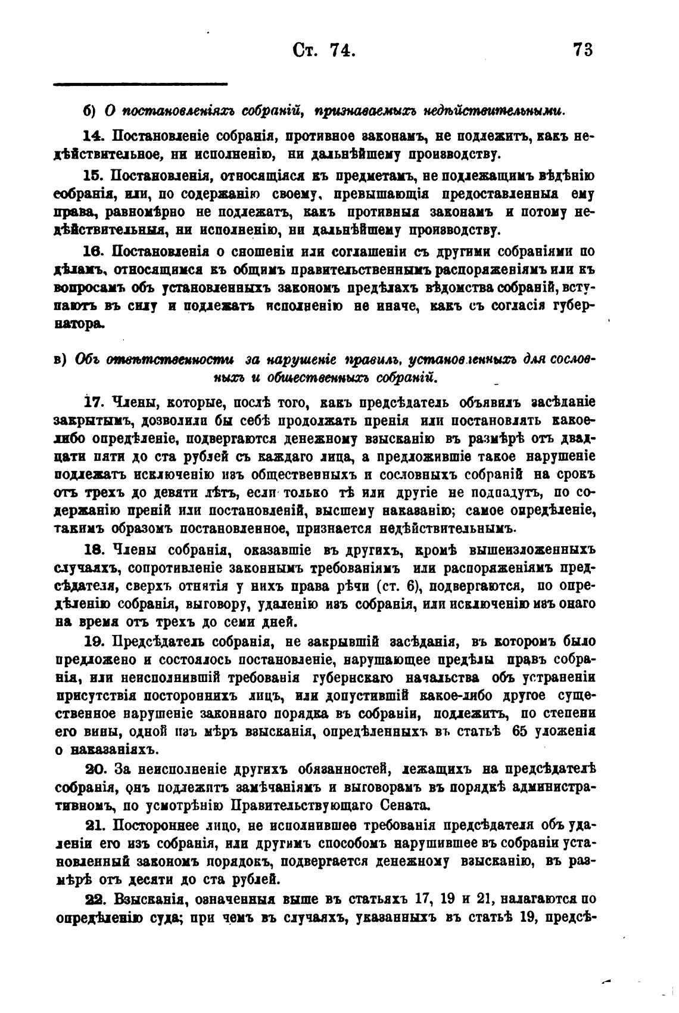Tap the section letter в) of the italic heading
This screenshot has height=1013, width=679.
61,361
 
